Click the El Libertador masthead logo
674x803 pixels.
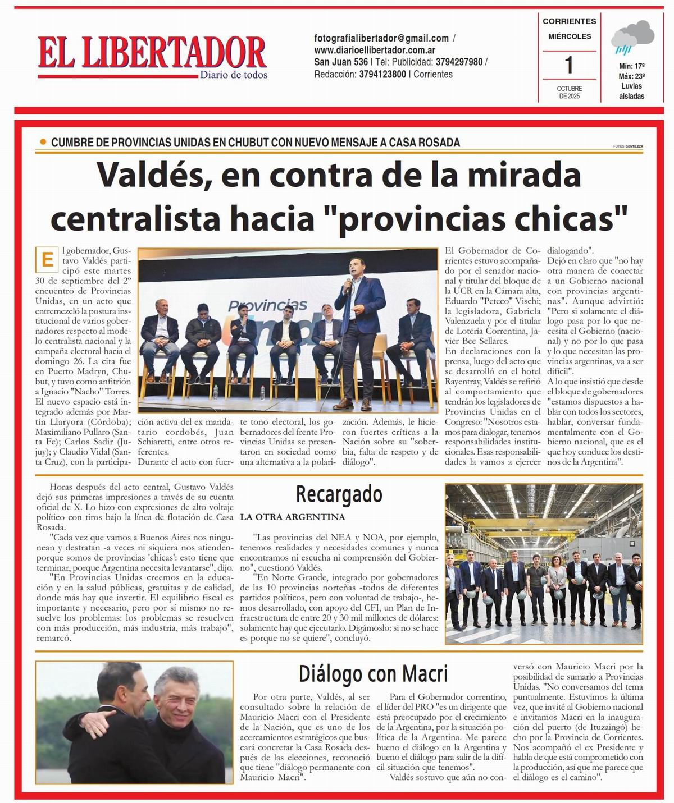[152, 53]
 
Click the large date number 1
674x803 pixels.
[569, 65]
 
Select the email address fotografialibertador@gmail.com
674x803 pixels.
[381, 38]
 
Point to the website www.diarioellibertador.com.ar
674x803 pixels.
[375, 50]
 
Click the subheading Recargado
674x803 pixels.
[339, 494]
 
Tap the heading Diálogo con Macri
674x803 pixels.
[373, 672]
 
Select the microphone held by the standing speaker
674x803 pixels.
[348, 285]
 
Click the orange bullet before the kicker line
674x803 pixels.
[43, 143]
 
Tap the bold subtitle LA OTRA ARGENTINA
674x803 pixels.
[292, 517]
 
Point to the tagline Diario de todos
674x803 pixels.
[234, 75]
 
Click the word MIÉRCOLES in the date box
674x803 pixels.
[569, 36]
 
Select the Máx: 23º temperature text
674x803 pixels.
[631, 76]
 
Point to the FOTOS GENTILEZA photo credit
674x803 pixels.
[628, 146]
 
